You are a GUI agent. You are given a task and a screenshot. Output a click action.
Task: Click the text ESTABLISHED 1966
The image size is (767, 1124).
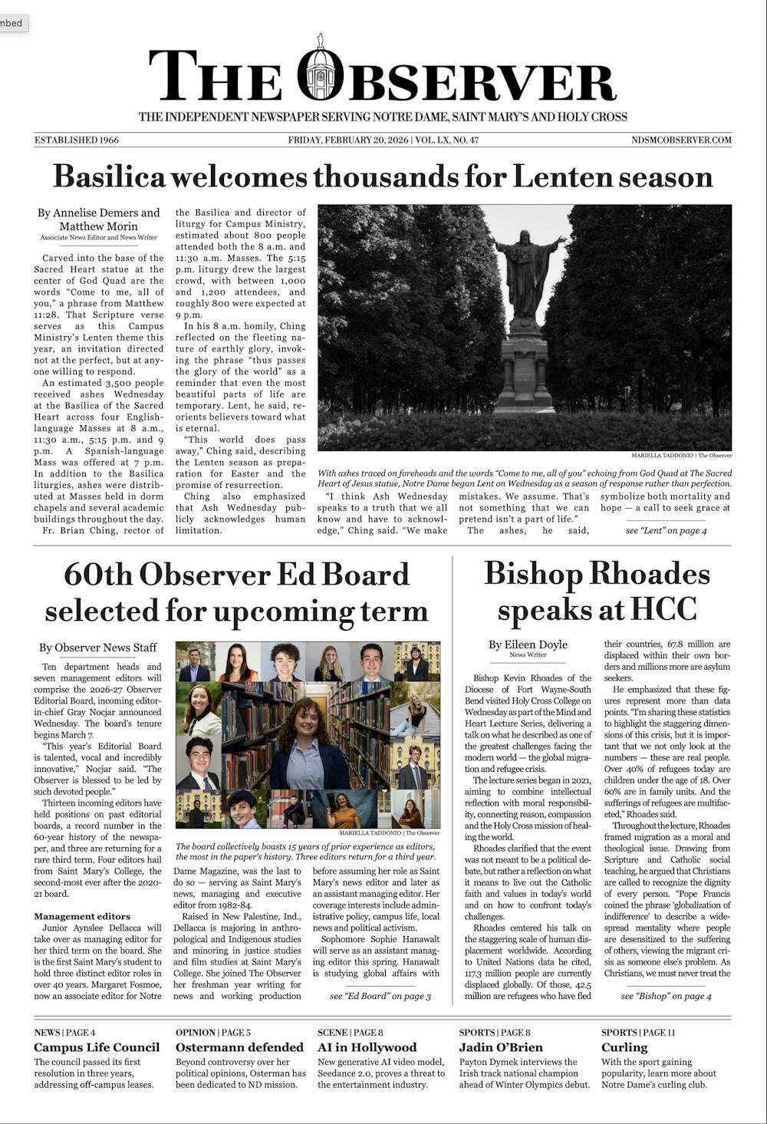[x=77, y=140]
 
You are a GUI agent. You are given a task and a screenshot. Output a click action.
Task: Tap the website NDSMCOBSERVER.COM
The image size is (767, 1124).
[x=681, y=140]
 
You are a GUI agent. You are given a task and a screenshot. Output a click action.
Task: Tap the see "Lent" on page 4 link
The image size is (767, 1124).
[x=666, y=531]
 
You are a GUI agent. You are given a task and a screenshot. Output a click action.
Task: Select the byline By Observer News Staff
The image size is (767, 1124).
[x=98, y=648]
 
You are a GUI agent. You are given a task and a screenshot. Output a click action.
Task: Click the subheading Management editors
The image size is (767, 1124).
[x=82, y=916]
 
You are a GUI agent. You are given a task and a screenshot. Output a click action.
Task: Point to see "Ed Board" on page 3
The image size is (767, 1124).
[x=380, y=996]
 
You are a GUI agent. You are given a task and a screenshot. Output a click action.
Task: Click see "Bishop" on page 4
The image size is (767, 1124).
[x=666, y=996]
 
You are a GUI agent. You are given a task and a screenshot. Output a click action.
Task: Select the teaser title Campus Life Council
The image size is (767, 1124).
[x=97, y=1047]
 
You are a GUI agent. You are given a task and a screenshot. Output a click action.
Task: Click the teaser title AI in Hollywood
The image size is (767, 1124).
[x=367, y=1047]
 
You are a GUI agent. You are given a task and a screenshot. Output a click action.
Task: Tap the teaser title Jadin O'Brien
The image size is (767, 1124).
[x=501, y=1047]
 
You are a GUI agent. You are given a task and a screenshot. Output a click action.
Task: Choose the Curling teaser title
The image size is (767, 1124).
[x=624, y=1047]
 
